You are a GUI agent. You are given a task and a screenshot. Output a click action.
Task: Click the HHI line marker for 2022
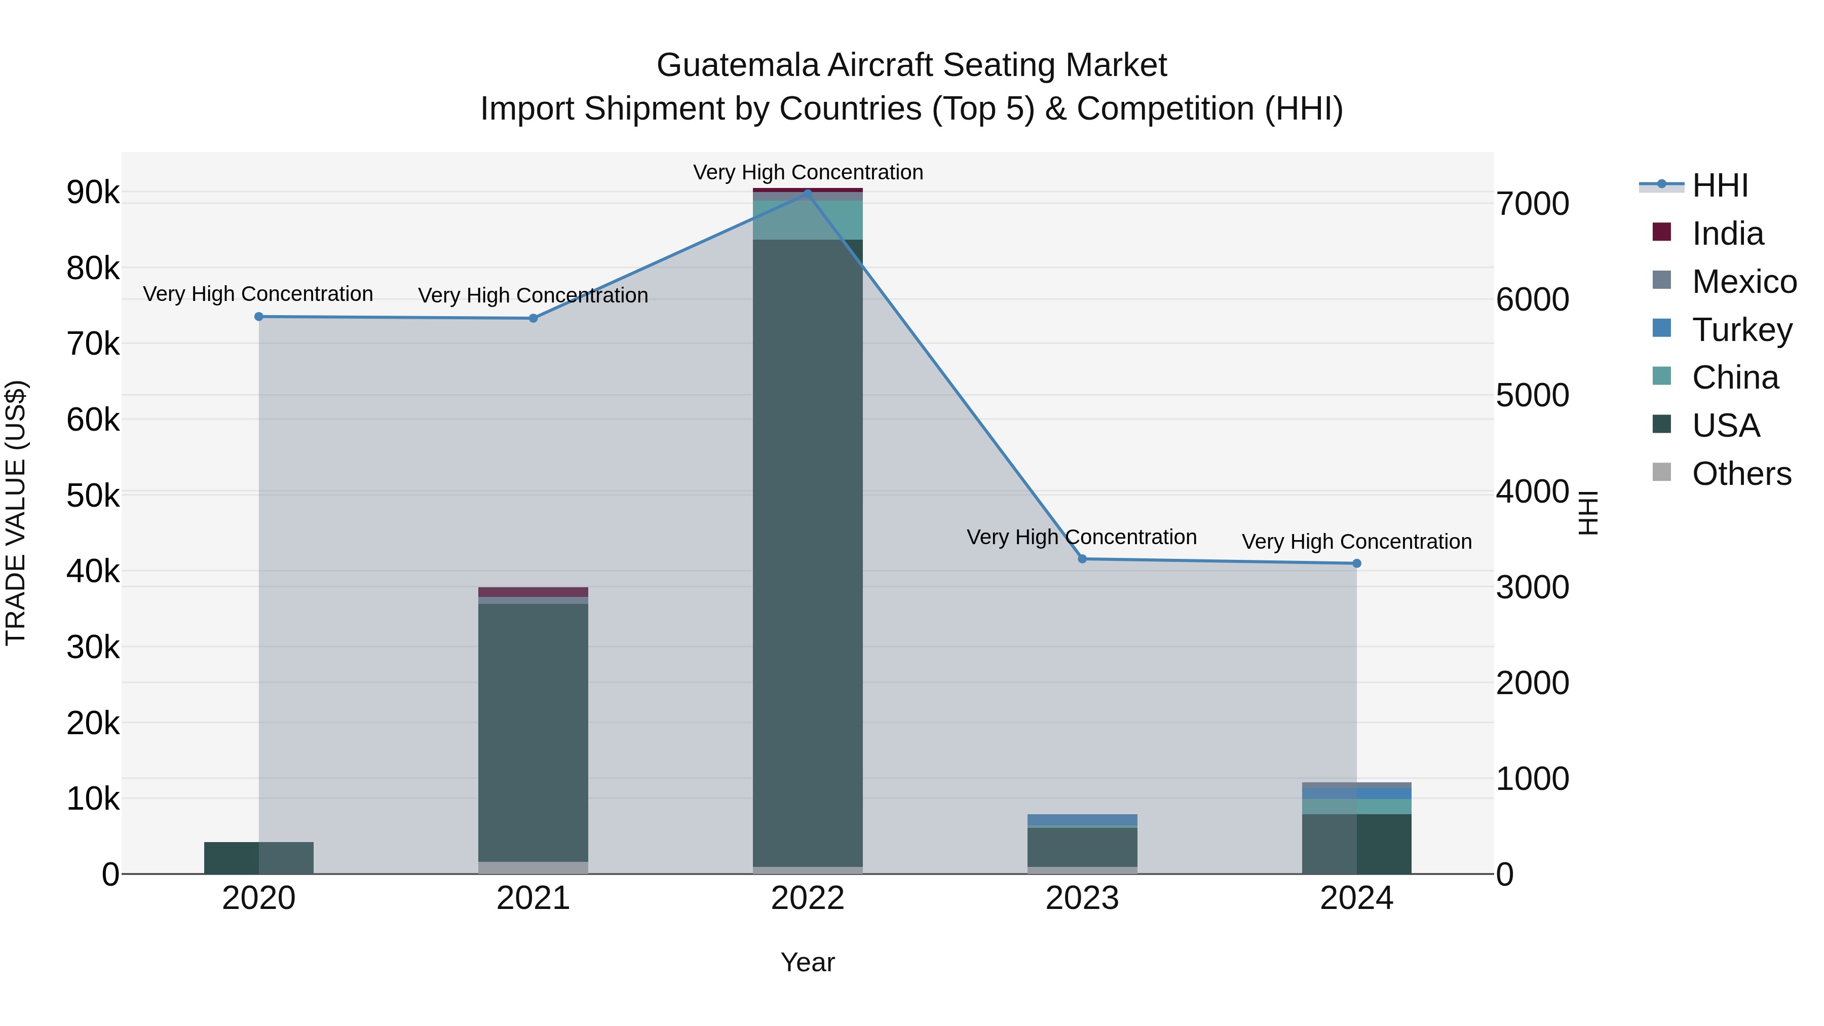(807, 194)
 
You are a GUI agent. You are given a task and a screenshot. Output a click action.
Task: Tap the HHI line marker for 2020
(258, 317)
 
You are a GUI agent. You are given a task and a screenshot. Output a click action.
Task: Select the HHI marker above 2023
(1082, 559)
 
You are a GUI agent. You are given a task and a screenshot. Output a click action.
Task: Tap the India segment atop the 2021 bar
(533, 592)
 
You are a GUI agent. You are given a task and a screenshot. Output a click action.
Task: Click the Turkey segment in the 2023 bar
(1082, 819)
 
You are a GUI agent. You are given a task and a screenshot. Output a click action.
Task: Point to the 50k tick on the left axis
(93, 496)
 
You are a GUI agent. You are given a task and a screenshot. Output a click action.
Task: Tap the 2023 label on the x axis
(1082, 898)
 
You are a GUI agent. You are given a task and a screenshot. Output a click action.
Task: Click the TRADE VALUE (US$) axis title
(16, 513)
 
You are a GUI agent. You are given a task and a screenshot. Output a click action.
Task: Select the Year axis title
(807, 962)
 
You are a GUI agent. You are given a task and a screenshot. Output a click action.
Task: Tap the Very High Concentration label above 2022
(807, 172)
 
